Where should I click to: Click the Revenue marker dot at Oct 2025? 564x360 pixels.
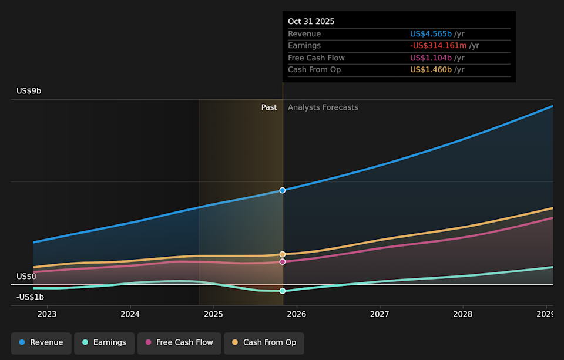click(x=283, y=190)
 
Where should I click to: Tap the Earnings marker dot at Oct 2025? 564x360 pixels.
click(x=283, y=291)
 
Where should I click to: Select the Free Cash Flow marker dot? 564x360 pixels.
click(x=283, y=261)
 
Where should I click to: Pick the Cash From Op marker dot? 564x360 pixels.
click(x=283, y=254)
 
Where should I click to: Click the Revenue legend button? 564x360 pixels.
click(x=41, y=342)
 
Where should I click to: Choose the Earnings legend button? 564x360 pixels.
click(x=104, y=342)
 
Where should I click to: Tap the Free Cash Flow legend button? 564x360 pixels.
click(x=179, y=342)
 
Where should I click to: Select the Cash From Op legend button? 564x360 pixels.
click(x=264, y=342)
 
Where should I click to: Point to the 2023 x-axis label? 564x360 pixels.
click(x=47, y=314)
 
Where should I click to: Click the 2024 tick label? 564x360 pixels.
click(x=130, y=314)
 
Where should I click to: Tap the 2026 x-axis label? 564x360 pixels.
click(x=297, y=314)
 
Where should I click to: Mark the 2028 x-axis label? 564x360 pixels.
click(x=463, y=314)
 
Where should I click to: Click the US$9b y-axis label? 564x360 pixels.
click(x=29, y=91)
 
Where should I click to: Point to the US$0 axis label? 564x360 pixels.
click(x=26, y=276)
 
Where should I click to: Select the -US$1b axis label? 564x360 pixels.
click(x=30, y=297)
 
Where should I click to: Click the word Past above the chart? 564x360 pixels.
click(x=269, y=107)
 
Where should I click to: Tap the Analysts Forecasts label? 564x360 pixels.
click(x=323, y=107)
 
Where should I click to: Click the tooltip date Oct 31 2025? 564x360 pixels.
click(x=311, y=21)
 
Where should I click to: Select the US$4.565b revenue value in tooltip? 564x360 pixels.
click(x=431, y=34)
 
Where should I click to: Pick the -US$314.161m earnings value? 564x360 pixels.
click(x=435, y=46)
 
